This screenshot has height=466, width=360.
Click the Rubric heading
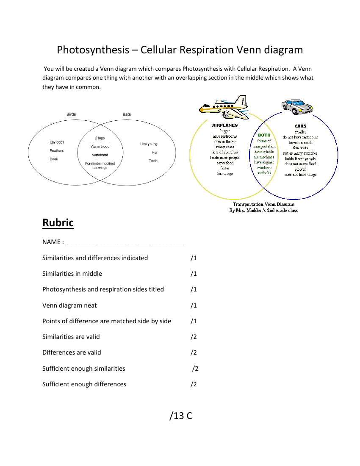point(58,222)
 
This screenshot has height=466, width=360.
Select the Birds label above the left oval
point(71,114)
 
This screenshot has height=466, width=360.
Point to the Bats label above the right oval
point(127,114)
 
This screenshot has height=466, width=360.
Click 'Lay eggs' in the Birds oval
point(57,142)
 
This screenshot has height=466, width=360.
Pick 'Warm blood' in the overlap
point(100,147)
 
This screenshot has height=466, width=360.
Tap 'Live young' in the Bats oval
point(149,144)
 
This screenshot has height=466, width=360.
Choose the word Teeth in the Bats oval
point(153,161)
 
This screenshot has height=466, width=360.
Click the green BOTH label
point(264,135)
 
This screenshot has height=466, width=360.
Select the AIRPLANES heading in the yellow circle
point(225,125)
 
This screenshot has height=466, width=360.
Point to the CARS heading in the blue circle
point(300,126)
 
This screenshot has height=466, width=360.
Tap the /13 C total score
point(181,416)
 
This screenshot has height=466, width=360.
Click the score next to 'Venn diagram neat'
point(194,305)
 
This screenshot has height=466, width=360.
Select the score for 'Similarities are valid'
point(194,337)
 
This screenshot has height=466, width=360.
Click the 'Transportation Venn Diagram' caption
point(263,204)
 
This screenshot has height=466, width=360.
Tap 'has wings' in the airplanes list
point(225,174)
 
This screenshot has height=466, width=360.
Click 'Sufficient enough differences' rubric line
point(84,384)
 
